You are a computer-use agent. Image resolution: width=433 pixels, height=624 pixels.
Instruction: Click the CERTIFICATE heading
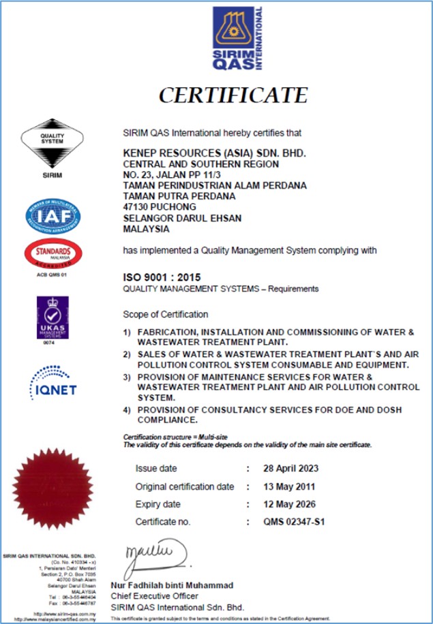[233, 94]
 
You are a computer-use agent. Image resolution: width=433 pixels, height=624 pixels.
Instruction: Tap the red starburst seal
[53, 486]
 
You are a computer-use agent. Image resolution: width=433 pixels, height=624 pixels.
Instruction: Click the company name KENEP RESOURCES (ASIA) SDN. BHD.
[214, 153]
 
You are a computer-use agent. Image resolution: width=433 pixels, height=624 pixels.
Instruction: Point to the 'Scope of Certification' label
[165, 315]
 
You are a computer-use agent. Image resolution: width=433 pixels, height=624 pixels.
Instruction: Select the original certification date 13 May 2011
[290, 486]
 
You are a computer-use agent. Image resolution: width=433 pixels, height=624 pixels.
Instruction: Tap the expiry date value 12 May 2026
[289, 504]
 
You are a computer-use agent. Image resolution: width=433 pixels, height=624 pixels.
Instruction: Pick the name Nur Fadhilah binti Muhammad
[172, 585]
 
